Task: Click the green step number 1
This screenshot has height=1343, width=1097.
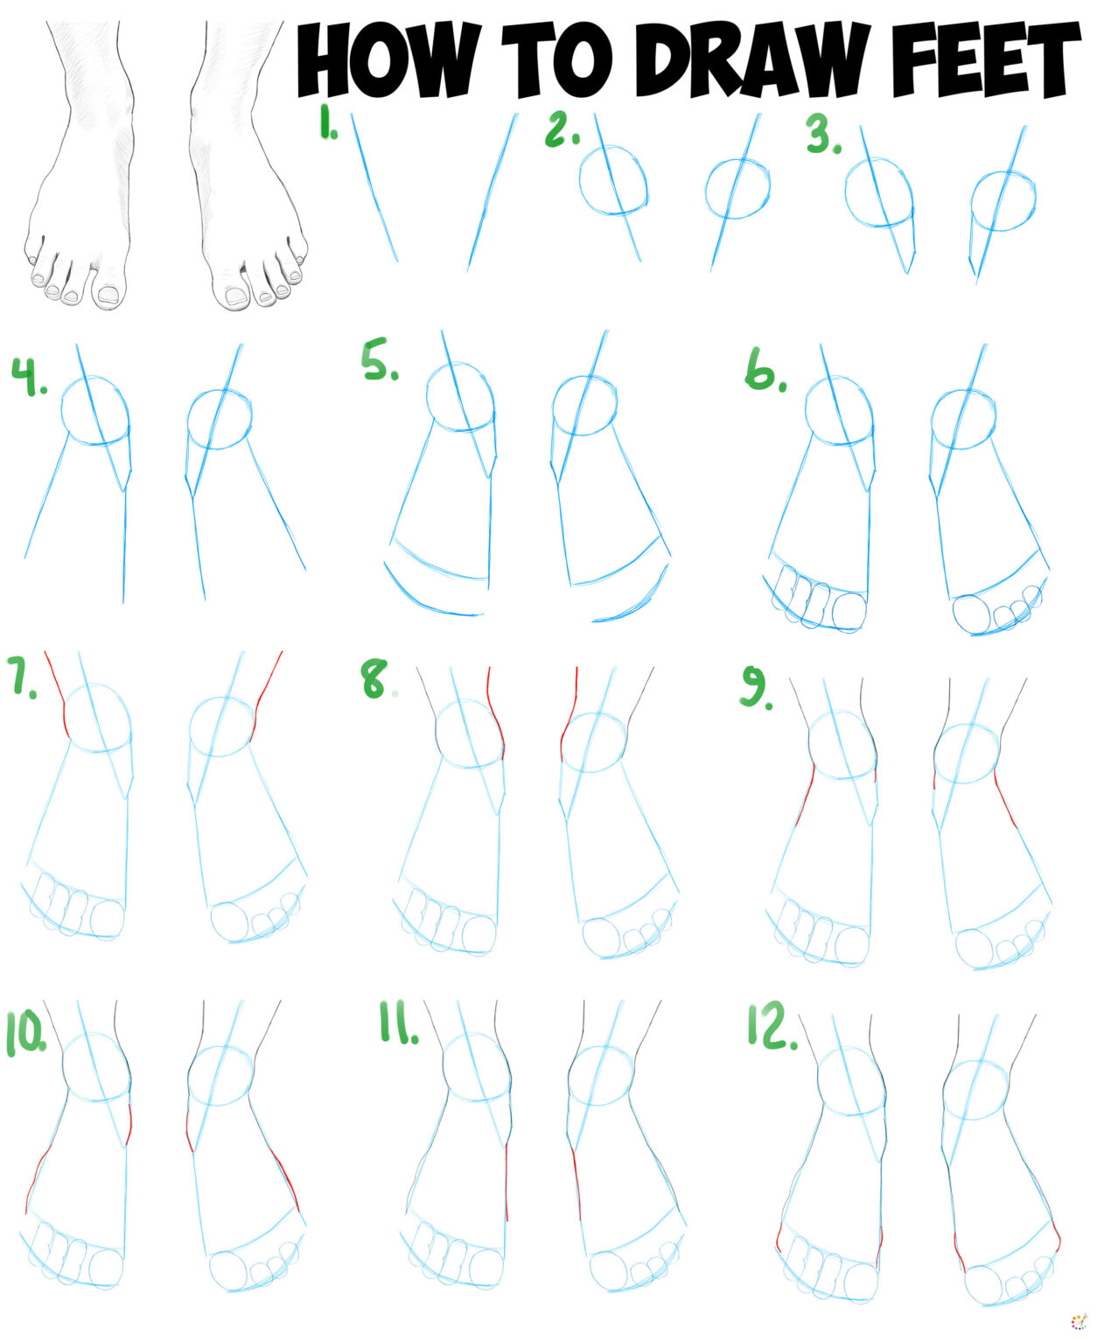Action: click(x=328, y=124)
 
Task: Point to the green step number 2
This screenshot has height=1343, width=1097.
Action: click(x=562, y=130)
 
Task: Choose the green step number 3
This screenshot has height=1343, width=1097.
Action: click(x=822, y=136)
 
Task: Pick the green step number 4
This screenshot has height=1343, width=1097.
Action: click(x=28, y=377)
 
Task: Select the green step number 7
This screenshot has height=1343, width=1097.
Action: click(x=22, y=675)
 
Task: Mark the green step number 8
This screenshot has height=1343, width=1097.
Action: click(x=375, y=679)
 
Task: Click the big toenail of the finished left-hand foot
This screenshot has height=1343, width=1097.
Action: click(x=108, y=296)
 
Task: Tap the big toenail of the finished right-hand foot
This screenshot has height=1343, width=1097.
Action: click(x=236, y=297)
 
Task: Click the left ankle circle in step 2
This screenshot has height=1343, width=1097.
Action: click(x=613, y=181)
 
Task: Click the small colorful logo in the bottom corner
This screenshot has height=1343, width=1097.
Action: click(x=1079, y=1321)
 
